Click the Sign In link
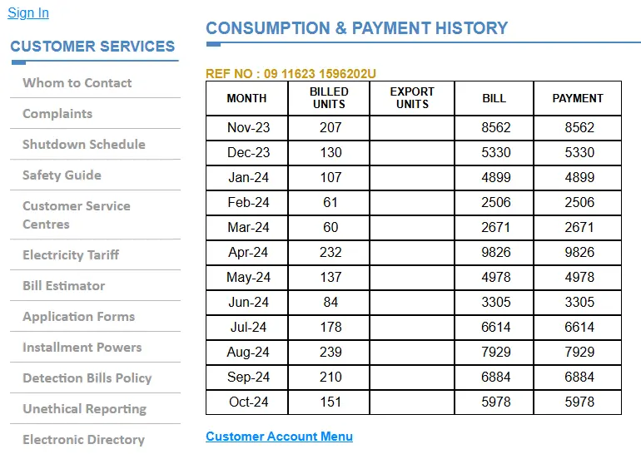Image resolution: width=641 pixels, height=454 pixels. tap(28, 12)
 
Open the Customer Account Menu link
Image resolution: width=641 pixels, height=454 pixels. tap(279, 437)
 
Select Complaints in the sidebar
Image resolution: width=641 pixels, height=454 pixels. tap(57, 114)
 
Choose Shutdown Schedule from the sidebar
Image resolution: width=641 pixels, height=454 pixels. tap(83, 145)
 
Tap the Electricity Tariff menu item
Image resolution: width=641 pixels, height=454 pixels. tap(71, 255)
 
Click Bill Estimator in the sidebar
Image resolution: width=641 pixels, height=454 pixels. tap(63, 286)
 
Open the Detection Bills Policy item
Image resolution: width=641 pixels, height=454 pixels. tap(87, 378)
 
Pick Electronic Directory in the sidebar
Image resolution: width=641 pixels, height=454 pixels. tap(83, 440)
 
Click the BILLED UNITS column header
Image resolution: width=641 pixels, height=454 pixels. tap(329, 98)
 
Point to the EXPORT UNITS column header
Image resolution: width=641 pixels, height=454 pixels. tap(412, 98)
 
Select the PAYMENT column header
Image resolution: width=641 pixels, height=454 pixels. tap(578, 98)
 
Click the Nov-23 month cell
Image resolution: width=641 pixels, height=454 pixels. tap(248, 128)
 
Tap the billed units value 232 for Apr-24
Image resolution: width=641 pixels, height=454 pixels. tap(330, 253)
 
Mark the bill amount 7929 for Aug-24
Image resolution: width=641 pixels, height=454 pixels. tap(496, 353)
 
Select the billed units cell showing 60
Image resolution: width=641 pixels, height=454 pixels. tap(330, 228)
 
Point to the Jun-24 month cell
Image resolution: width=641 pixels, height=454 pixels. tap(248, 303)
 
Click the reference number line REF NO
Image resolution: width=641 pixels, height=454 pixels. tap(291, 74)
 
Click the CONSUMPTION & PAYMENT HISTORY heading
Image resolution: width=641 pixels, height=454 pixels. tap(356, 28)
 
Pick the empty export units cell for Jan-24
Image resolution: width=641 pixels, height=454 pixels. tap(412, 178)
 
